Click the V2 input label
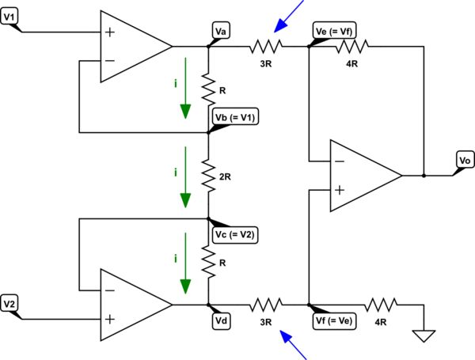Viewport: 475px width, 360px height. (x=12, y=302)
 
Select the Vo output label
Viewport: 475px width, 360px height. (x=465, y=161)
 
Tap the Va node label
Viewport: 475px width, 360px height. (x=222, y=31)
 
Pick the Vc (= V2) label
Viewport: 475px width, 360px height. (x=237, y=235)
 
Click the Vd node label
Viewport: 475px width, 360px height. (x=222, y=320)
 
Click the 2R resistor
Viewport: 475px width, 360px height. (x=208, y=176)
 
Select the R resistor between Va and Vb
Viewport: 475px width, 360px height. (x=208, y=89)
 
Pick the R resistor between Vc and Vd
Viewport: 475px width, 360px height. (x=208, y=262)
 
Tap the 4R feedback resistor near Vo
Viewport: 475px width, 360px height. (x=349, y=47)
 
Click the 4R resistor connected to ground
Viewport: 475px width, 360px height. (x=382, y=305)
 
